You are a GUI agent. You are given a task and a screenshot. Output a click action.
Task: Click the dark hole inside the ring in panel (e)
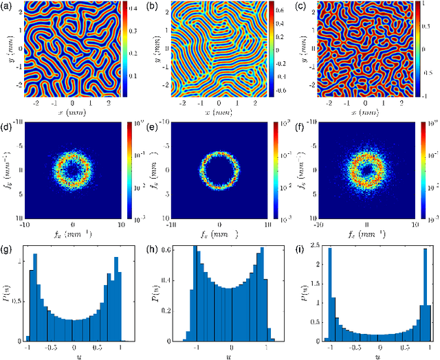point(219,167)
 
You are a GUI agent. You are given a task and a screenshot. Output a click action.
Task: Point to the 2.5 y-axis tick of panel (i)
point(318,245)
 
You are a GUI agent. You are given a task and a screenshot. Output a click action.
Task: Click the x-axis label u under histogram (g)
point(73,356)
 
